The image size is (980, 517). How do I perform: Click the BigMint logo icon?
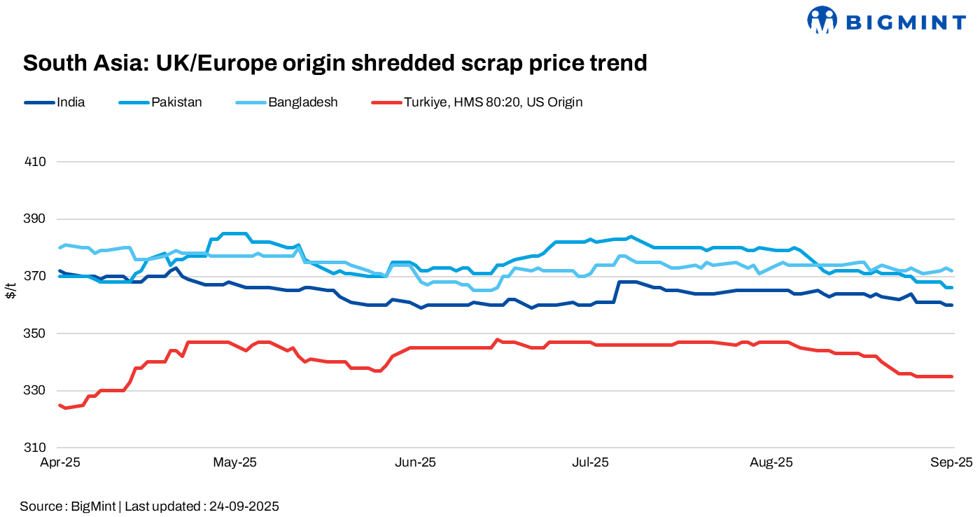(x=822, y=20)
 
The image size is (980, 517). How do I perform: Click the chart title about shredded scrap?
(x=335, y=63)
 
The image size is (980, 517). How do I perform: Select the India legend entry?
(x=71, y=102)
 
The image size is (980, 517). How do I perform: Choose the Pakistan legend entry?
(x=176, y=102)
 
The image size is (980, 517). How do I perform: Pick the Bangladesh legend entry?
(x=302, y=102)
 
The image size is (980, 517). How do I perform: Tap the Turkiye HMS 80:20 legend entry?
(x=493, y=102)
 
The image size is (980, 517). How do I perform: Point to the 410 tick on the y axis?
(x=35, y=162)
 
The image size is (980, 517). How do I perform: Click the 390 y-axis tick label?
(x=35, y=219)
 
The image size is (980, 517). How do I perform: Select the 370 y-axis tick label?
(x=35, y=276)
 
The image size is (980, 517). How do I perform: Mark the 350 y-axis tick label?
(x=35, y=333)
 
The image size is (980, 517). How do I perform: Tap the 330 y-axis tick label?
(x=35, y=390)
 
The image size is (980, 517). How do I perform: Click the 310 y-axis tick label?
(x=35, y=448)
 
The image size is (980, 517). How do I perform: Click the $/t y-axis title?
(x=10, y=290)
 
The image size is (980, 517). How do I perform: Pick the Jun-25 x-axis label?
(x=416, y=462)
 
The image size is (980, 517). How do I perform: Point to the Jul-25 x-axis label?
(x=590, y=462)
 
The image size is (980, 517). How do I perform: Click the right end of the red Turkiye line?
(x=951, y=376)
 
